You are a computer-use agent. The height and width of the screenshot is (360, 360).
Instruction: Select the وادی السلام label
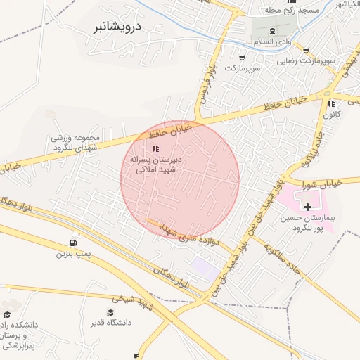pyautogui.click(x=271, y=42)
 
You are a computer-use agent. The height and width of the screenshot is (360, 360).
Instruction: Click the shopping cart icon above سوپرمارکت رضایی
pyautogui.click(x=306, y=51)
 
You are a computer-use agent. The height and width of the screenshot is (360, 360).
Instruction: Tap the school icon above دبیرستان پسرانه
pyautogui.click(x=155, y=148)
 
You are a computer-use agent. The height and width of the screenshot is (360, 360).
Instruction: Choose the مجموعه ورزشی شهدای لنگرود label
pyautogui.click(x=77, y=143)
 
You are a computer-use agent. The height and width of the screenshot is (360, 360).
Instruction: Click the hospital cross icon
pyautogui.click(x=307, y=206)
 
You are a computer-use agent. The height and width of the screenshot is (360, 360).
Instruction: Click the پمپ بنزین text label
pyautogui.click(x=74, y=252)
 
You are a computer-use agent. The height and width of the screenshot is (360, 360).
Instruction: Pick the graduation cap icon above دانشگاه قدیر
pyautogui.click(x=110, y=313)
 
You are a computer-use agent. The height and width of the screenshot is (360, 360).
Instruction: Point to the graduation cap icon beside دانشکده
pyautogui.click(x=8, y=316)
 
